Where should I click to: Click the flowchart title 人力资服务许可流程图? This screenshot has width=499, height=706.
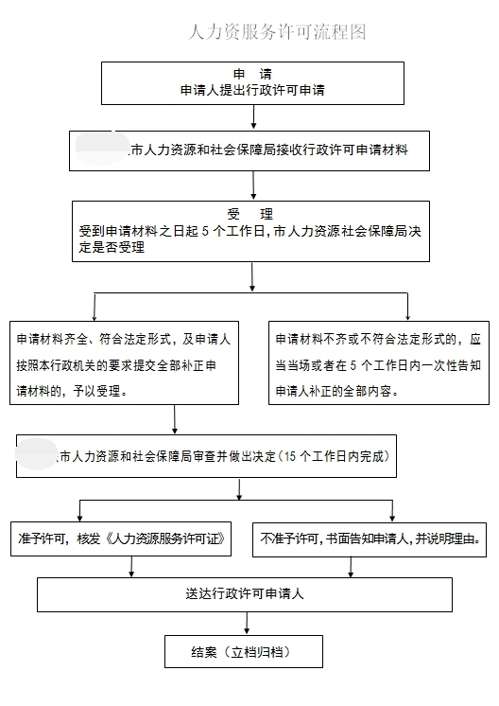tap(277, 32)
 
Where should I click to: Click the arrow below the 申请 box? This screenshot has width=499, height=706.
tap(253, 116)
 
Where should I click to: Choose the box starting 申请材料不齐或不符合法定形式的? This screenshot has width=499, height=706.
tap(379, 364)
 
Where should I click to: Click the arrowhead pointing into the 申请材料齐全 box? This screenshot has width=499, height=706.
tap(95, 316)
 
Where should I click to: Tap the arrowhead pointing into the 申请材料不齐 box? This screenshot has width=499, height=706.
tap(407, 316)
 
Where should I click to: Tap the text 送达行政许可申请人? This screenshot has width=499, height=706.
tap(245, 595)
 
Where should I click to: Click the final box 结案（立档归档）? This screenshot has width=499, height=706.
tap(244, 652)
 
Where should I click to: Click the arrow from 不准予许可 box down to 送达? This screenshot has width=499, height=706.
tap(351, 567)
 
